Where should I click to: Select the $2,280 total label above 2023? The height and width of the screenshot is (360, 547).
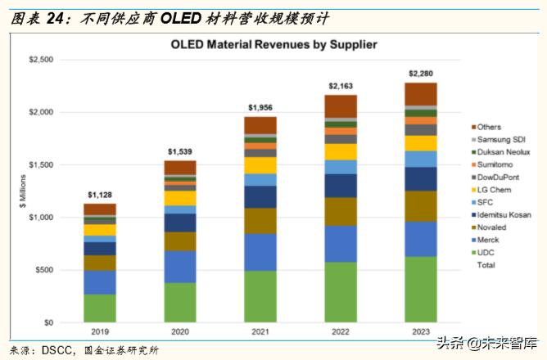tap(420, 74)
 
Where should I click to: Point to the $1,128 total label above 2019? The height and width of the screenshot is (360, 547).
tap(99, 195)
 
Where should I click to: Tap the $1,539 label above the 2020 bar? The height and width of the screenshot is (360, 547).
tap(179, 151)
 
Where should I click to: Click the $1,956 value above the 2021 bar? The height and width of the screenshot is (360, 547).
tap(260, 108)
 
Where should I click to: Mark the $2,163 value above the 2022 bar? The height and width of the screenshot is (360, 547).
tap(340, 86)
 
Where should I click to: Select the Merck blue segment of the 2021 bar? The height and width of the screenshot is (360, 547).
tap(260, 252)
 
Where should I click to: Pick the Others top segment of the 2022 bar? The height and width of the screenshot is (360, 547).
tap(340, 106)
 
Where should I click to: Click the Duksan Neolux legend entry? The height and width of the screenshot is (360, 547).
tap(503, 152)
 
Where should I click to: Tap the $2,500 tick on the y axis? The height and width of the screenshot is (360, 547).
tap(42, 60)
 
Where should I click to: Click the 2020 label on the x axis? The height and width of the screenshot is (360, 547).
tap(179, 333)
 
